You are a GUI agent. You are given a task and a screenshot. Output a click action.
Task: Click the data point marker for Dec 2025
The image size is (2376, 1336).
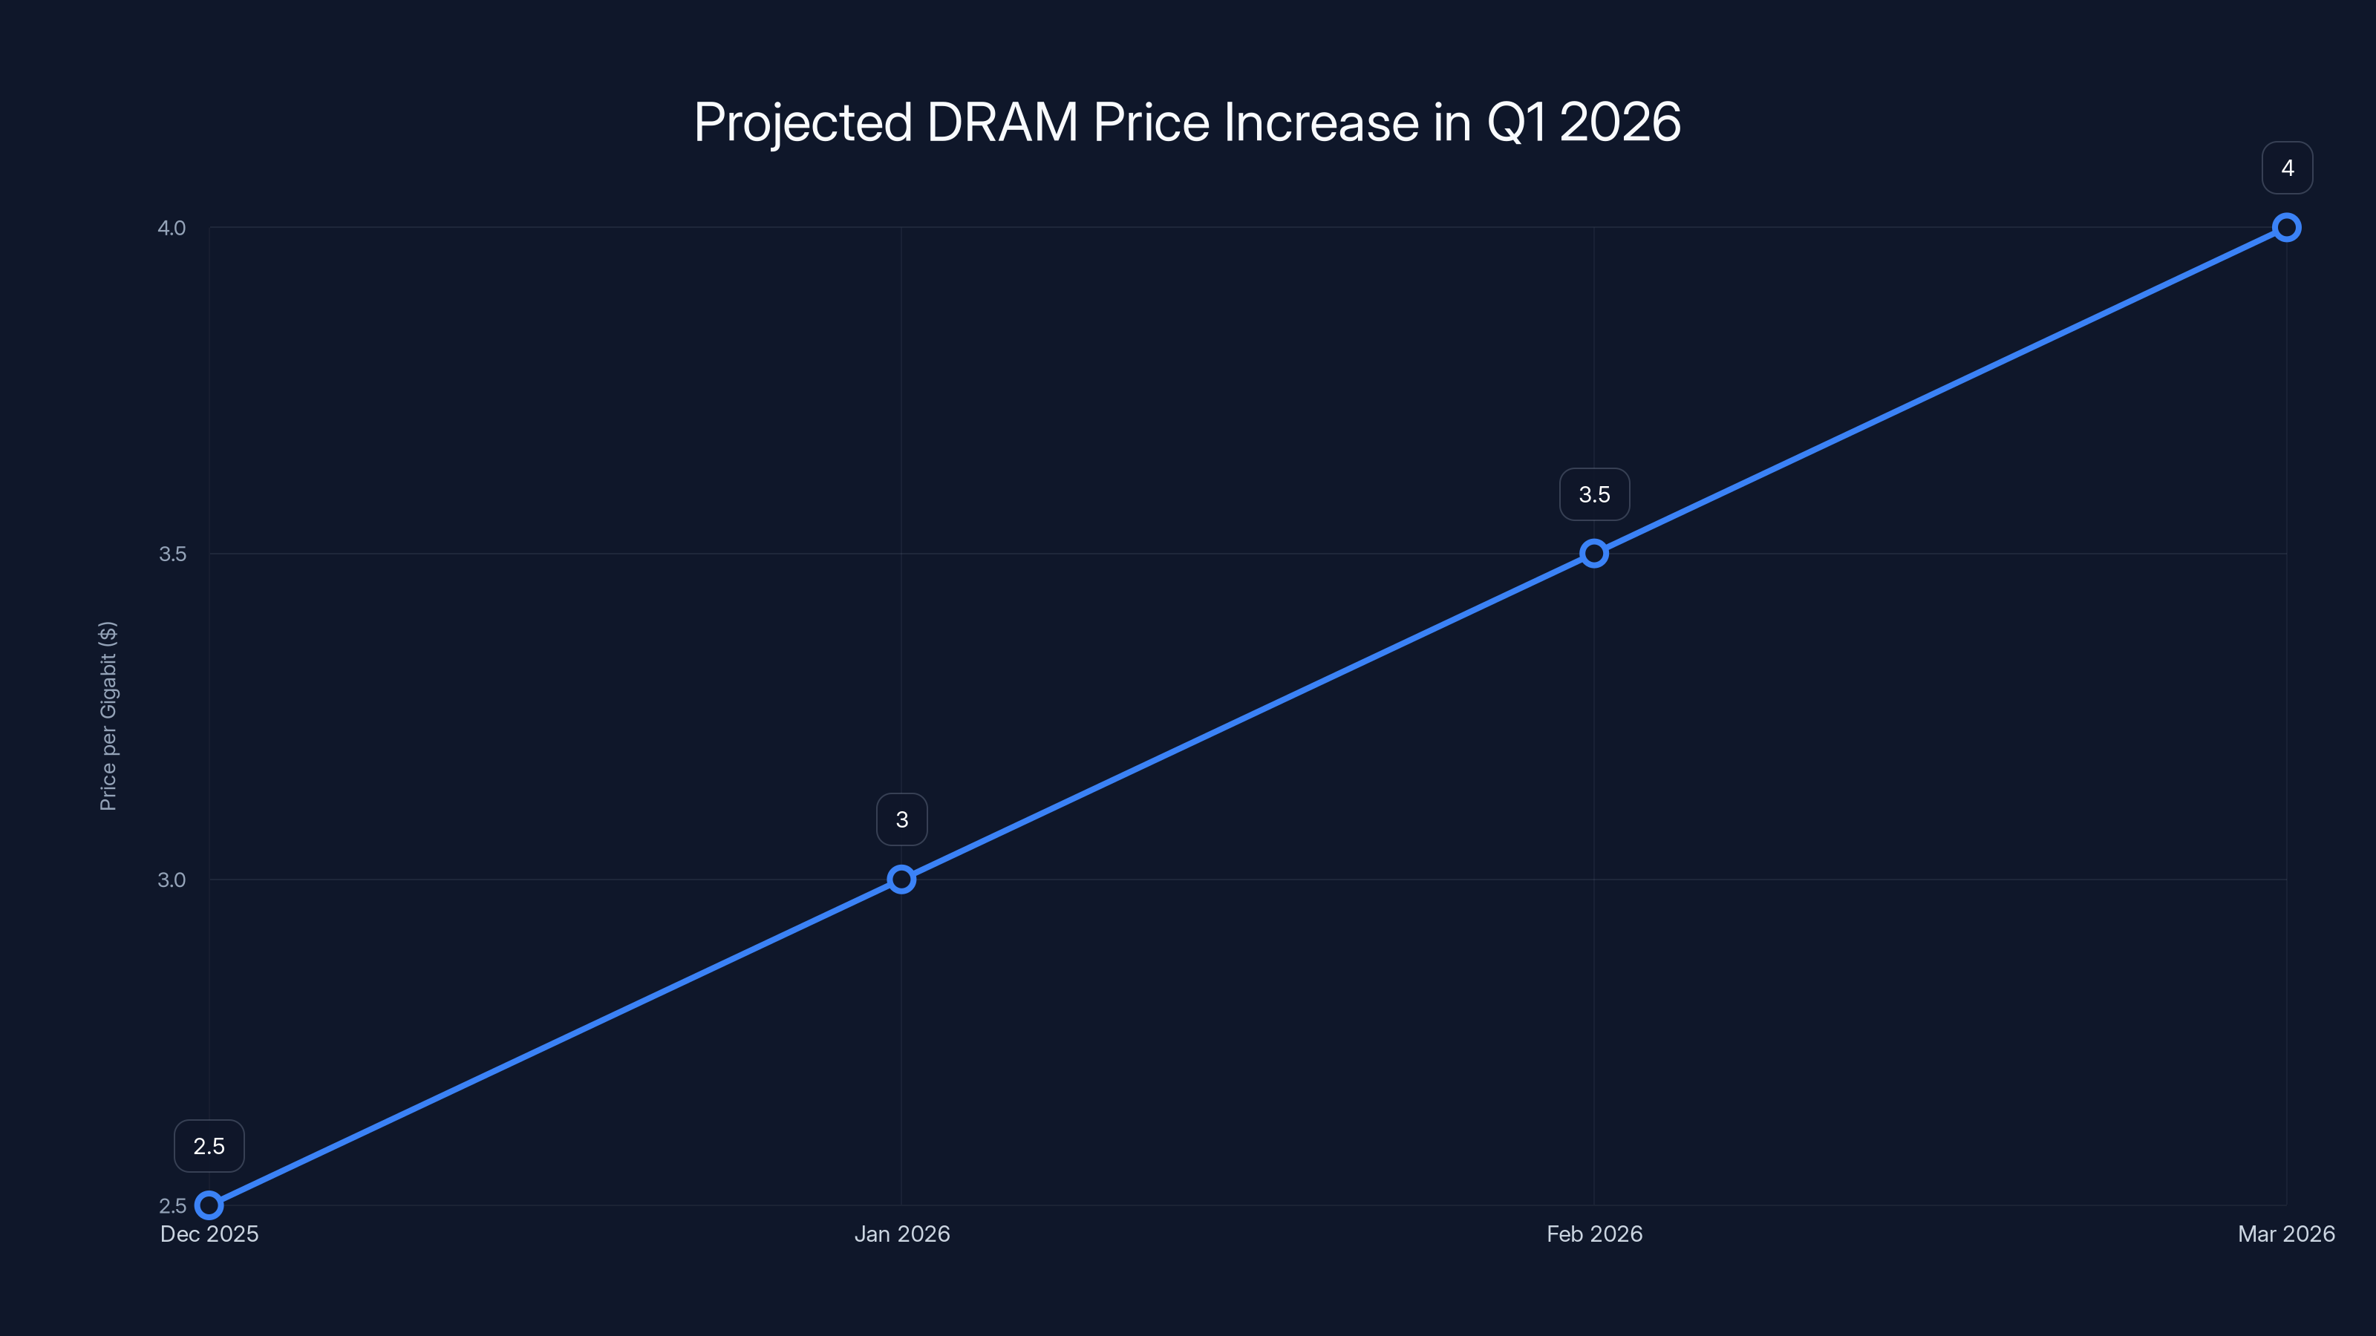[x=209, y=1205]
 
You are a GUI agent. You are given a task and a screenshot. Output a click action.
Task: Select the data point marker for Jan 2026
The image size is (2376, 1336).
[x=901, y=880]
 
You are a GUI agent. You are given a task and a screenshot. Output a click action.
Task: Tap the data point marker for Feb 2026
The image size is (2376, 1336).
[x=1594, y=553]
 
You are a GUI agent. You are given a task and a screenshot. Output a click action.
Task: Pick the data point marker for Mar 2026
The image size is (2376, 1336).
[x=2287, y=228]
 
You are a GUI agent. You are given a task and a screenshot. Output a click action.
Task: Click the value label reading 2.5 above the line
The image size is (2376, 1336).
[x=209, y=1146]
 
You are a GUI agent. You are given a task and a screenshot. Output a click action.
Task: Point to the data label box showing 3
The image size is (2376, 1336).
[x=901, y=819]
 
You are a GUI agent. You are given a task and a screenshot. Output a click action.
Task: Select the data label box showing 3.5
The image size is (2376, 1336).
[x=1594, y=495]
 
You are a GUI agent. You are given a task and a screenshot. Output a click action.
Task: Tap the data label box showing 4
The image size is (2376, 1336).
[x=2287, y=168]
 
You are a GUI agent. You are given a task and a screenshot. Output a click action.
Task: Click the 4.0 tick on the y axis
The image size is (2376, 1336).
[x=172, y=228]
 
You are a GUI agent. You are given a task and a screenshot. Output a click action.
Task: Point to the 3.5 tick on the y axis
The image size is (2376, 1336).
[x=172, y=553]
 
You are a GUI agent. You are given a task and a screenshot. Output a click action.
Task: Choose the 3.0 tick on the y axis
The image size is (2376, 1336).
[x=172, y=880]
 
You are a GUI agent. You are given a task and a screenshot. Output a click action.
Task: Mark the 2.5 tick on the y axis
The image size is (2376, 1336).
[x=172, y=1205]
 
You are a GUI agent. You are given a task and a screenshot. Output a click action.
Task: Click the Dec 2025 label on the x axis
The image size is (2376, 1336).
[x=209, y=1234]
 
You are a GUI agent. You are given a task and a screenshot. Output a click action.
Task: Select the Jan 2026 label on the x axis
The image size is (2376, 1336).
[x=901, y=1234]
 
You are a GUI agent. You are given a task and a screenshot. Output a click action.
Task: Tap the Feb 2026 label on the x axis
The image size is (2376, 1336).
[x=1594, y=1234]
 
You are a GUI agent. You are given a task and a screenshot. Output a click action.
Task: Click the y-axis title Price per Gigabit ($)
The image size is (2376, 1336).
[x=108, y=716]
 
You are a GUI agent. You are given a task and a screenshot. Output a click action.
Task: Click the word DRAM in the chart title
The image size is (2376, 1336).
[x=1002, y=122]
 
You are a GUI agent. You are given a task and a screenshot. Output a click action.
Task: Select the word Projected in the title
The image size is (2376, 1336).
[x=803, y=122]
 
